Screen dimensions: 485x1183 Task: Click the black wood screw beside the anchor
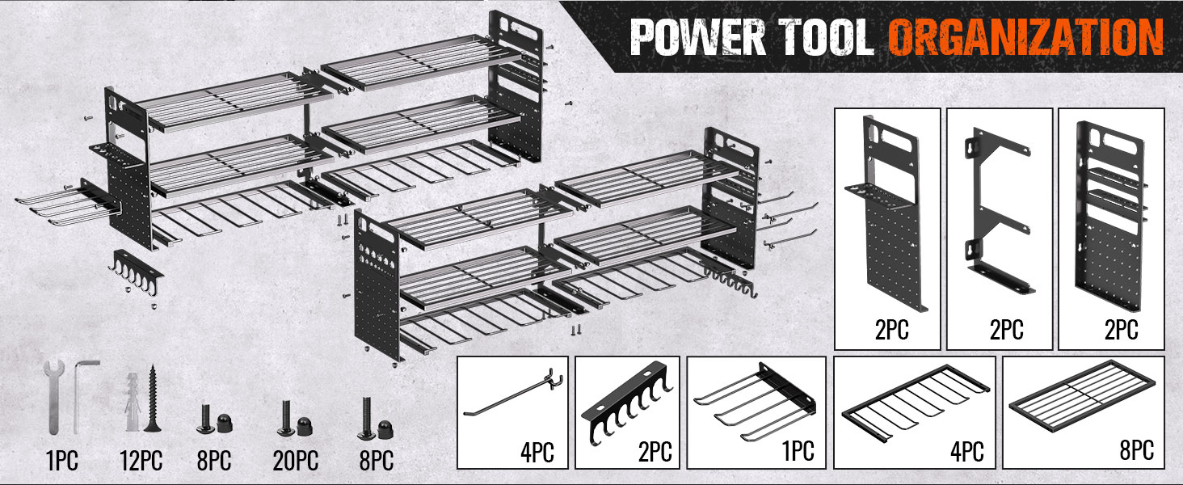152,399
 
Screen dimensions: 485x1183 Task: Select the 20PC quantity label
294,462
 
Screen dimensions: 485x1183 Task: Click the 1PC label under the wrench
61,462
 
